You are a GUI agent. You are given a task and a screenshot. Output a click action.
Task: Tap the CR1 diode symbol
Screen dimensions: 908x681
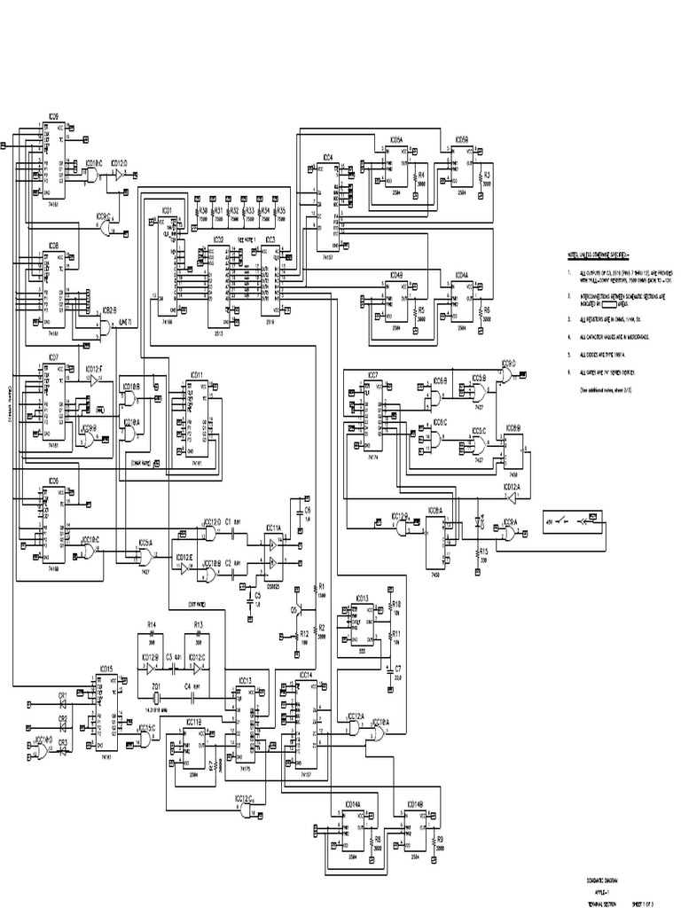click(62, 697)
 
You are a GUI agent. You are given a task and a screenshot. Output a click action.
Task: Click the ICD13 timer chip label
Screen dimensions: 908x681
click(361, 599)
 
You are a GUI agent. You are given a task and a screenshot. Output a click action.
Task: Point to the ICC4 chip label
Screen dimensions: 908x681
click(327, 157)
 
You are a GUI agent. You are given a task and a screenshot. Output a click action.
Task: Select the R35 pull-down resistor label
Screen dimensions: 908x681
click(280, 211)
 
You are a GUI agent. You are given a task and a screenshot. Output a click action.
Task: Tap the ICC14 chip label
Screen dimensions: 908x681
click(306, 676)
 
